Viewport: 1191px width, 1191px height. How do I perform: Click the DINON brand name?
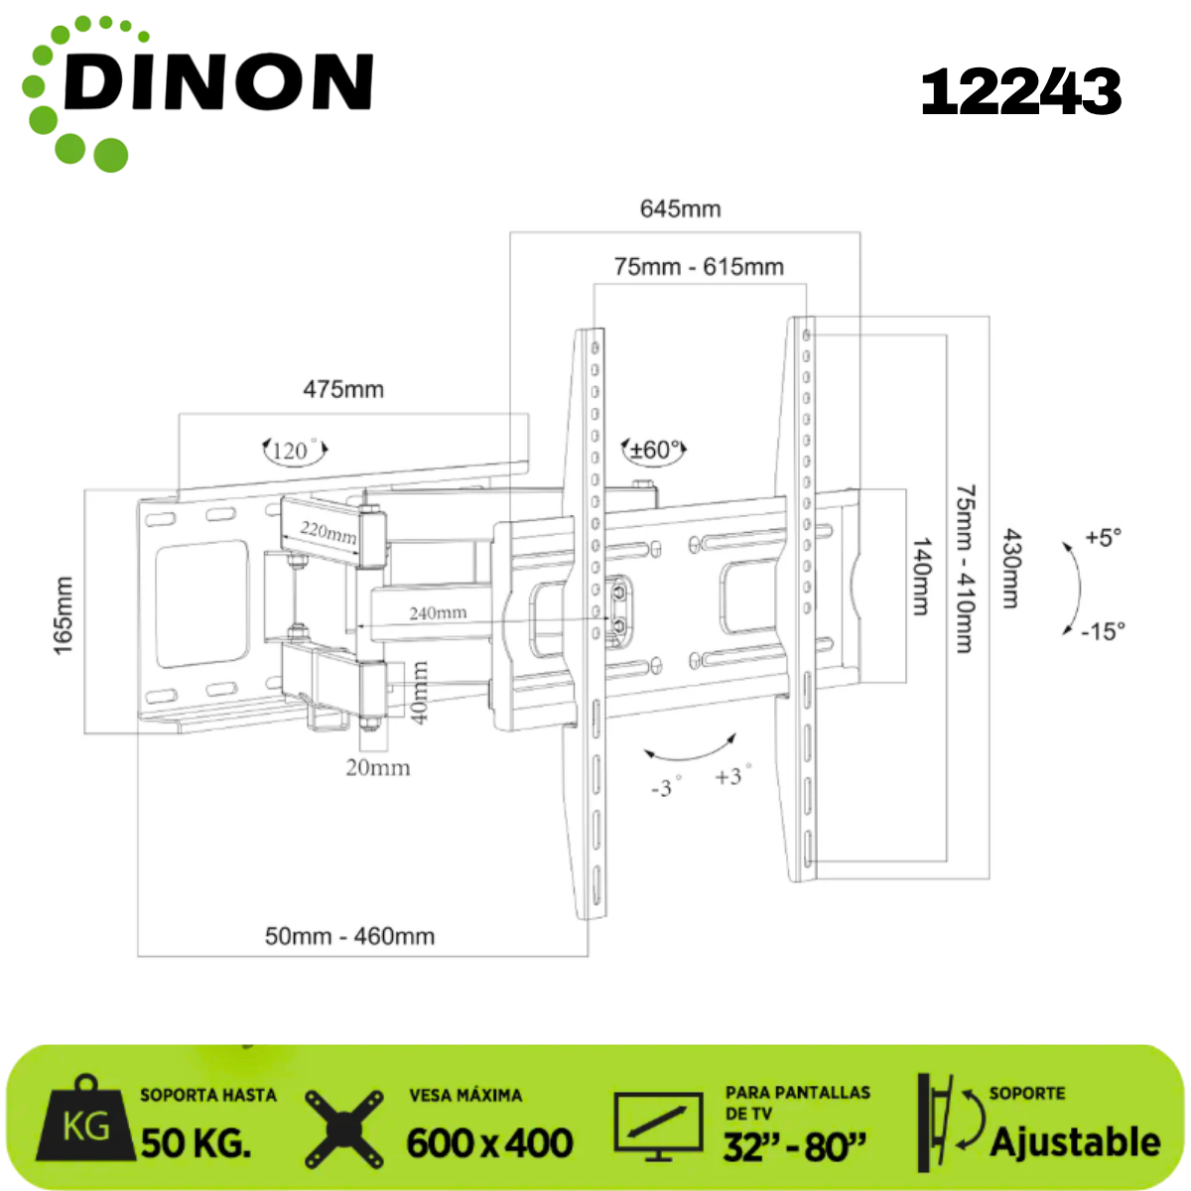click(218, 81)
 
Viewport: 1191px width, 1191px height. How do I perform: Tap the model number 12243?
click(1021, 92)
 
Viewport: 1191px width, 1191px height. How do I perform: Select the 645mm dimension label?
click(681, 208)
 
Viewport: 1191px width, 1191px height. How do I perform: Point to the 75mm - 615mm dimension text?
click(699, 267)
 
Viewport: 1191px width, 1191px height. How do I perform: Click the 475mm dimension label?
click(343, 389)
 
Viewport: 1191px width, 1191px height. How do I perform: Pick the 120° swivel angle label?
click(294, 450)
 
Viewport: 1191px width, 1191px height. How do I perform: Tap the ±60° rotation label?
click(654, 450)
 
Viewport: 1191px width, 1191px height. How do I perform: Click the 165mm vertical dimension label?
click(64, 615)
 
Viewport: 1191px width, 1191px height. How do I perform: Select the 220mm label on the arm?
click(329, 532)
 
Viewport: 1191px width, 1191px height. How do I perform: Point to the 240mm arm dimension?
click(438, 612)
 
